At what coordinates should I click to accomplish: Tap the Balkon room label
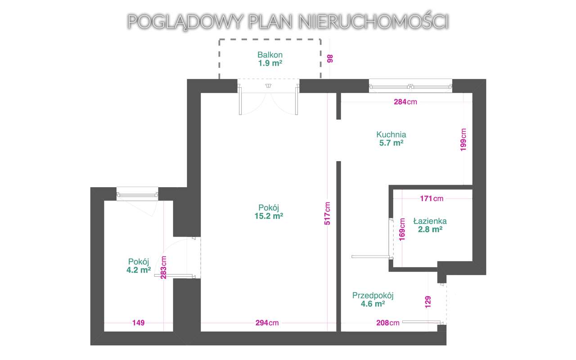(270, 55)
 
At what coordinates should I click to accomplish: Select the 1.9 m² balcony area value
(270, 63)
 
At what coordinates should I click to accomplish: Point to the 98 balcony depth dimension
(330, 59)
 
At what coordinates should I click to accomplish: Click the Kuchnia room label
(391, 134)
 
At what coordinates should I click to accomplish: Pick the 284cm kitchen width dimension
(405, 102)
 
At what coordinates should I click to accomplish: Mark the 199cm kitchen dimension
(463, 139)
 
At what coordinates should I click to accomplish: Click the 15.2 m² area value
(269, 216)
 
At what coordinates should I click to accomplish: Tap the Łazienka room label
(430, 221)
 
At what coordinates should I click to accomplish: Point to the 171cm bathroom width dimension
(431, 198)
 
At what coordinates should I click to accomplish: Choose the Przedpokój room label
(373, 296)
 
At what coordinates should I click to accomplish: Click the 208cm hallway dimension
(387, 323)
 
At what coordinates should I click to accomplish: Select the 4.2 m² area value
(139, 270)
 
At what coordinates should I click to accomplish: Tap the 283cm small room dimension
(164, 268)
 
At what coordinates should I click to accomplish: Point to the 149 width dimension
(139, 323)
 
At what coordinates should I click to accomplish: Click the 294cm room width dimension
(267, 323)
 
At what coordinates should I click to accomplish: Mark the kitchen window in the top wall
(410, 86)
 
